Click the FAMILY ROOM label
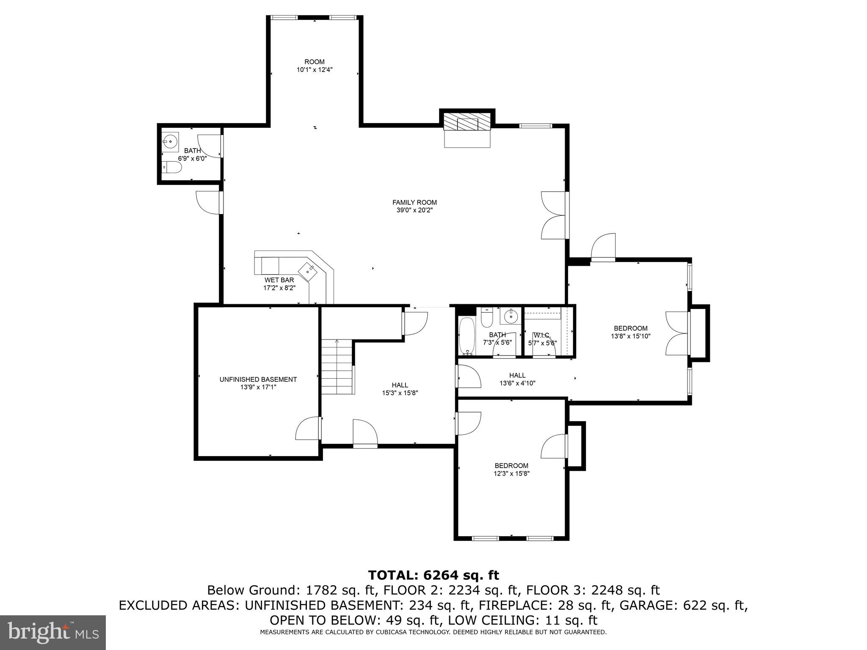point(414,202)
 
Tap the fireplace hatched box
point(467,123)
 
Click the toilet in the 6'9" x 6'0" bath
point(172,168)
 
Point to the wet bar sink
point(308,270)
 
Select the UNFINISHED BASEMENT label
point(258,380)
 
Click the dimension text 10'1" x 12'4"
point(314,70)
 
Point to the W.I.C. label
point(542,335)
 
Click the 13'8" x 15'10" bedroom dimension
point(630,336)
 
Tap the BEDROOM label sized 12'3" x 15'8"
point(511,465)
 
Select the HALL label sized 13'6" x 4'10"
point(517,375)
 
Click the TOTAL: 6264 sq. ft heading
point(433,575)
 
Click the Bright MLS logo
point(53,632)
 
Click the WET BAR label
point(279,280)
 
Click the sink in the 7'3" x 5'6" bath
point(511,316)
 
